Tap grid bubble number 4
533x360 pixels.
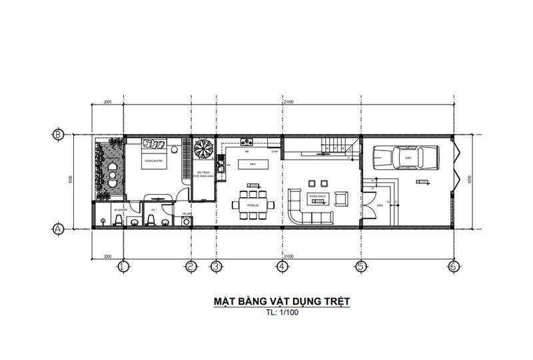tap(282, 267)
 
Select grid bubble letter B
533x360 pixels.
tap(58, 134)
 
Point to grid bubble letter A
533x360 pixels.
tap(58, 228)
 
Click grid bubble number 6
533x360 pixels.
tap(453, 267)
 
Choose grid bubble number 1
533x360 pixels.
tap(123, 267)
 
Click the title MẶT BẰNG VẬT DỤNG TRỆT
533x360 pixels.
tap(281, 301)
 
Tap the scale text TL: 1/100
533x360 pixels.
tap(282, 312)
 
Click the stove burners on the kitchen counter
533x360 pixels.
tap(247, 141)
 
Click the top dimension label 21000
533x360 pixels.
tap(288, 103)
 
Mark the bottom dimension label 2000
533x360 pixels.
tap(107, 256)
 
